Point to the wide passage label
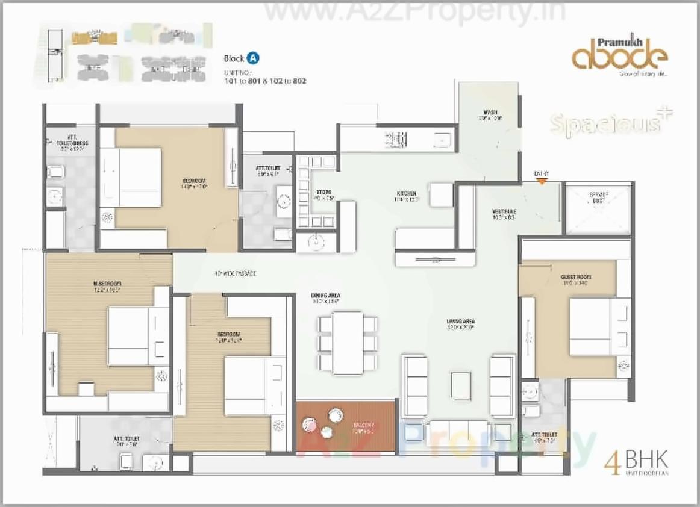click(235, 273)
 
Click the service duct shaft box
click(598, 210)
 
